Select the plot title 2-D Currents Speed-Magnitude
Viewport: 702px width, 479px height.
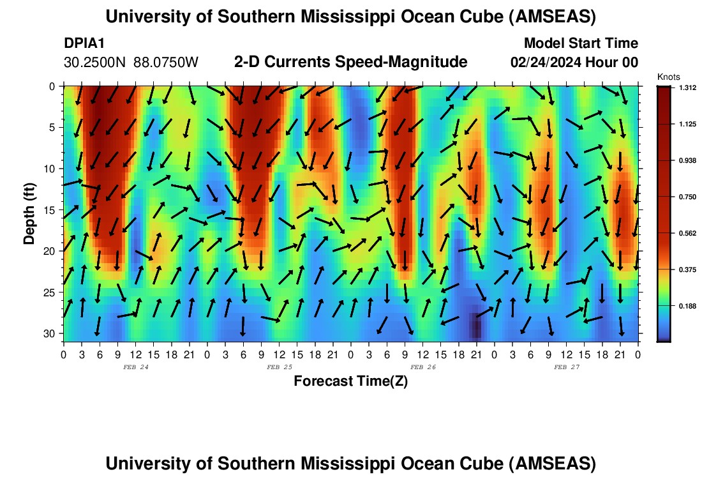click(351, 62)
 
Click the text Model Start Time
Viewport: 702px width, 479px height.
click(581, 43)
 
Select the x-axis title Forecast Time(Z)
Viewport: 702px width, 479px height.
click(350, 381)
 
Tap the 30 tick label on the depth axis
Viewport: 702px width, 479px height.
click(52, 334)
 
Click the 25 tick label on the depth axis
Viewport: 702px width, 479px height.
click(52, 293)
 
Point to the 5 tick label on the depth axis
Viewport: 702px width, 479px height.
click(54, 127)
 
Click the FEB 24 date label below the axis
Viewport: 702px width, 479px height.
click(135, 367)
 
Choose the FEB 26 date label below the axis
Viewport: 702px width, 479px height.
click(422, 367)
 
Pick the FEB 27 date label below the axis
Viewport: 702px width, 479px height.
click(566, 367)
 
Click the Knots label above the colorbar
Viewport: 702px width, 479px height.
click(668, 77)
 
